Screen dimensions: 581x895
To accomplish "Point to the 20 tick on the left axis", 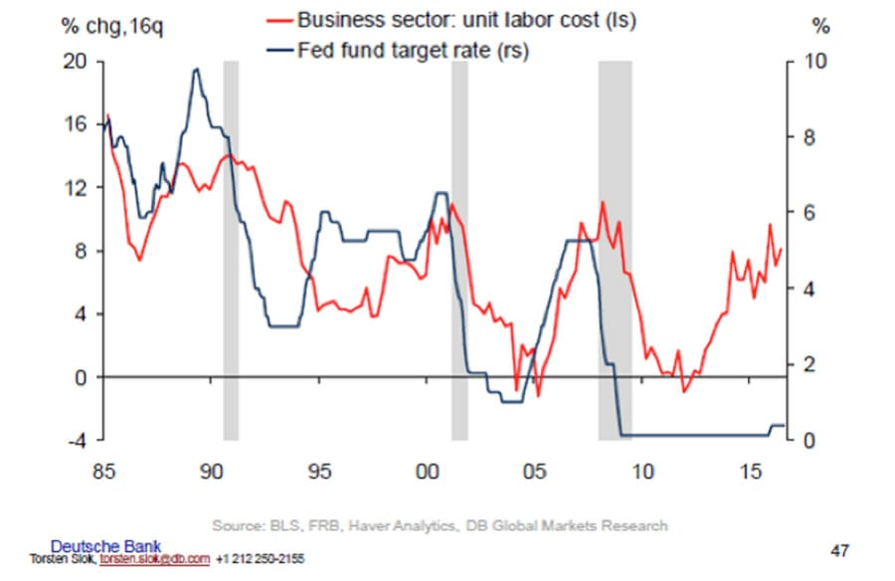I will click(x=79, y=62).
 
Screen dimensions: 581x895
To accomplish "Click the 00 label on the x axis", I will click(x=426, y=468).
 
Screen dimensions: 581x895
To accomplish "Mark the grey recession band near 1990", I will click(x=230, y=249).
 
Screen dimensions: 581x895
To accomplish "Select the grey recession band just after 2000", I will click(x=459, y=249).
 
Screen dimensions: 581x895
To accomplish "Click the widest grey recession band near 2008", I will click(x=615, y=249).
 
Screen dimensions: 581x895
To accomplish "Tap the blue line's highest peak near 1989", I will click(x=196, y=69).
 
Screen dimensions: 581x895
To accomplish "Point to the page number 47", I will click(x=839, y=548).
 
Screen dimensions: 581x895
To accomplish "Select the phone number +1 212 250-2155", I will click(x=262, y=559).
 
